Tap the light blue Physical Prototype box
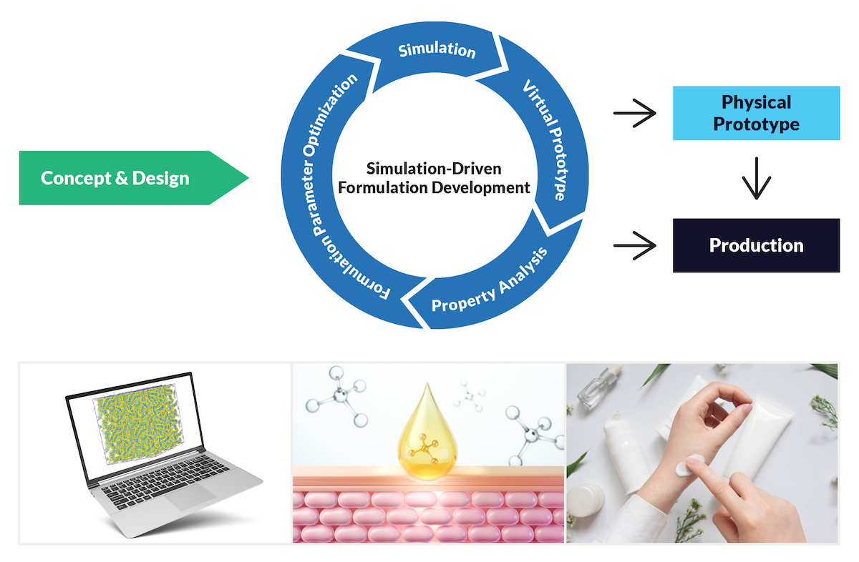coord(756,113)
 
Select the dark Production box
coord(756,245)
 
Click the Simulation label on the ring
coord(437,51)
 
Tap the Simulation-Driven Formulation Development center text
coord(438,178)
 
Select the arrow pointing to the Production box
coord(635,246)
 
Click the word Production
coord(756,245)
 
